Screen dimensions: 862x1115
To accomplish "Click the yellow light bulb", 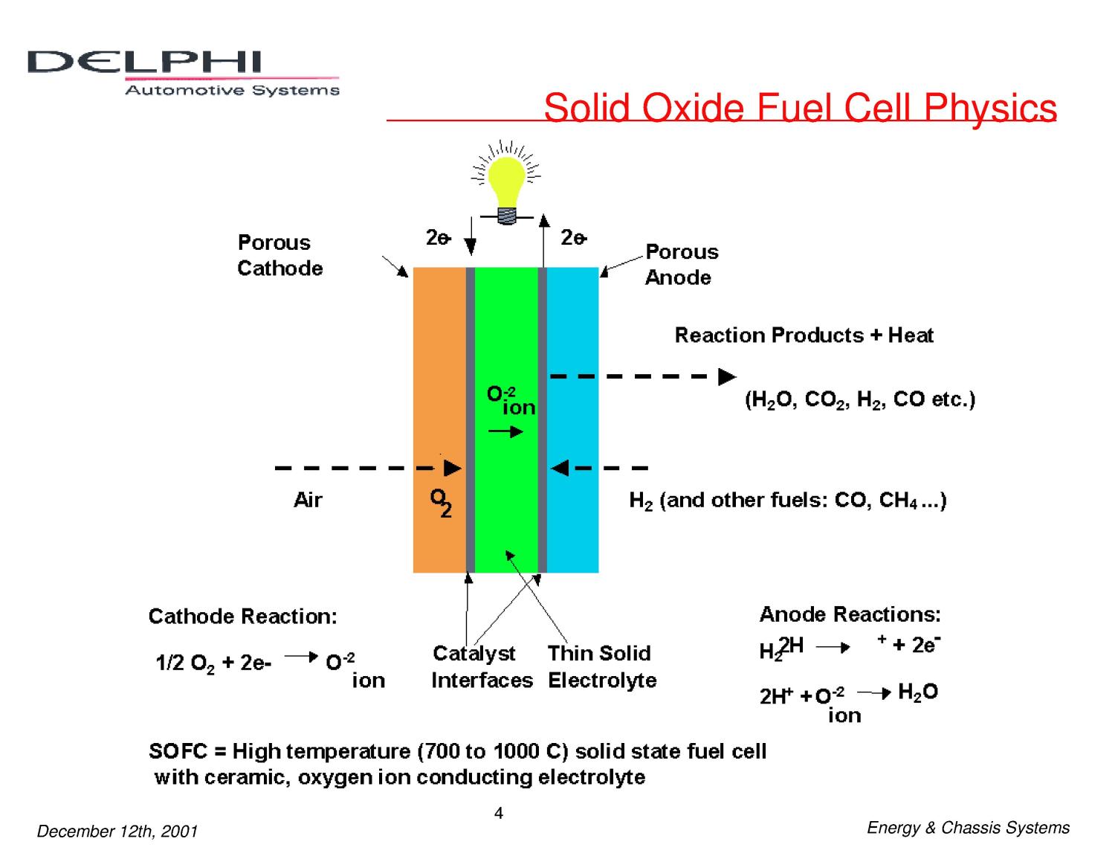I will pyautogui.click(x=507, y=181).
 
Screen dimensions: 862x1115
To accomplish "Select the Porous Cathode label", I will pyautogui.click(x=279, y=255).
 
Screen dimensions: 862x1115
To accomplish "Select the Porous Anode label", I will pyautogui.click(x=681, y=264).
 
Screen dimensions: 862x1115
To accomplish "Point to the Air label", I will pyautogui.click(x=308, y=500).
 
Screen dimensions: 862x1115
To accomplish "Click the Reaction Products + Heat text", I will pyautogui.click(x=804, y=335).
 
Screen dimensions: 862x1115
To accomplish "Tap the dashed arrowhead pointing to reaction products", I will pyautogui.click(x=727, y=377).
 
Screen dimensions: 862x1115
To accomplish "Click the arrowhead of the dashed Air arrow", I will pyautogui.click(x=453, y=469).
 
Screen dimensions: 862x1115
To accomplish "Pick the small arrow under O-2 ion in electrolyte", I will pyautogui.click(x=506, y=431).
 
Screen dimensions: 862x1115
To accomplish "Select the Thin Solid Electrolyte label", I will pyautogui.click(x=601, y=666).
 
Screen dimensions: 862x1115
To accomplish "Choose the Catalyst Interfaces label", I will pyautogui.click(x=482, y=666).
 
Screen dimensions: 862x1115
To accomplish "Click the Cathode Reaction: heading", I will pyautogui.click(x=243, y=617).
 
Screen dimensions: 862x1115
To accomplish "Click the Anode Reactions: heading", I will pyautogui.click(x=850, y=614).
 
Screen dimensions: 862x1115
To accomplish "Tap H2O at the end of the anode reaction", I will pyautogui.click(x=918, y=692).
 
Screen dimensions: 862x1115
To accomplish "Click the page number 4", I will pyautogui.click(x=499, y=814).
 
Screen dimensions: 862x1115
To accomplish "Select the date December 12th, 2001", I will pyautogui.click(x=117, y=832).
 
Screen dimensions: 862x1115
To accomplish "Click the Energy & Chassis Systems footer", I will pyautogui.click(x=968, y=828).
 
